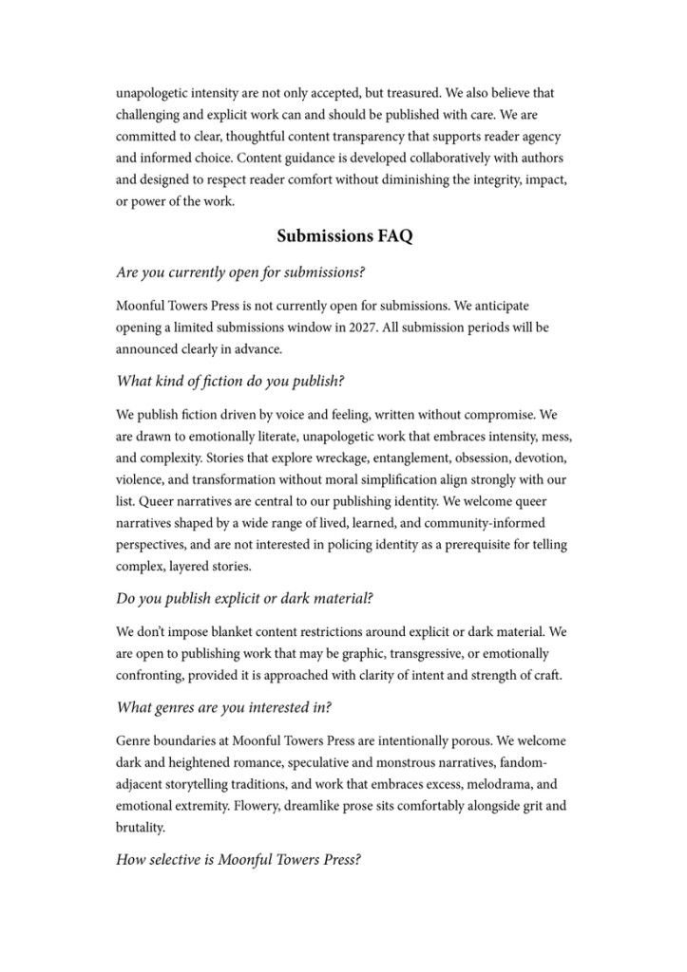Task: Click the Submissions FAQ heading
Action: [344, 236]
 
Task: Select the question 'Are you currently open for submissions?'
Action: [241, 272]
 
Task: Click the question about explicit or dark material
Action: [244, 598]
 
